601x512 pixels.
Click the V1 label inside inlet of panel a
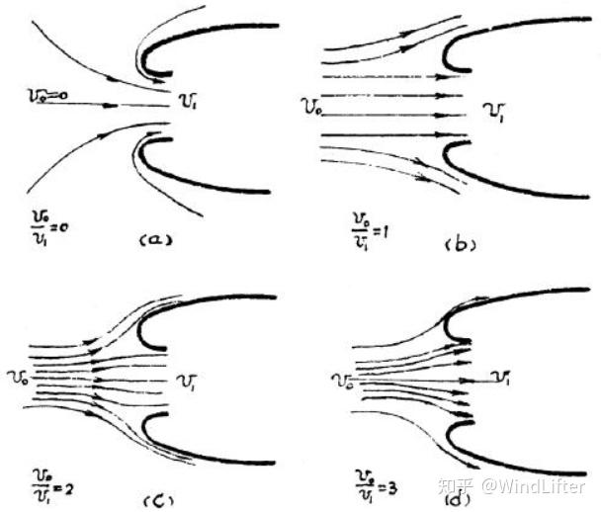point(185,98)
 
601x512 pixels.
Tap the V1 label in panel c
point(186,381)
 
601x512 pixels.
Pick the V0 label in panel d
point(343,379)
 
